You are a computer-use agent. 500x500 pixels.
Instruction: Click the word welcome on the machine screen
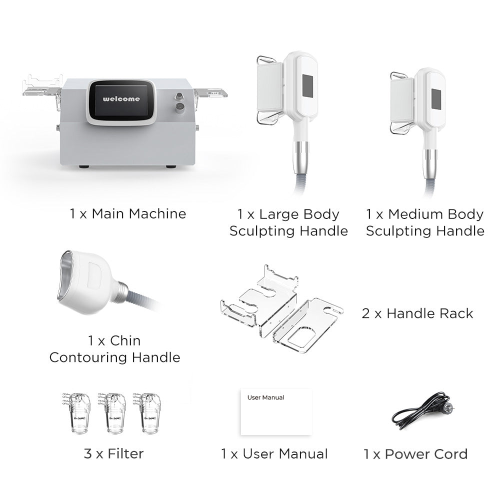[x=121, y=99]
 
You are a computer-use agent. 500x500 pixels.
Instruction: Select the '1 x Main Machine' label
[x=128, y=214]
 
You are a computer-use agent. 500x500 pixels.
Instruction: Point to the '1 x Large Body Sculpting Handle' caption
[x=288, y=222]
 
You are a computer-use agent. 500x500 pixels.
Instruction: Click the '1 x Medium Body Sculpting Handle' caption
[x=425, y=222]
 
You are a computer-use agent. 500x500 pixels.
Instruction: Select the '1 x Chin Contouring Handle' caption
[x=114, y=349]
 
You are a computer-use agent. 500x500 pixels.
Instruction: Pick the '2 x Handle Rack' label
[x=417, y=313]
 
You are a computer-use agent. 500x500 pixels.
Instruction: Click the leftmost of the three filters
[x=76, y=412]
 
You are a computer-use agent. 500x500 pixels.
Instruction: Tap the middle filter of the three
[x=111, y=412]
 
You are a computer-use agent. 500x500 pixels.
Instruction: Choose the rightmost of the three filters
[x=146, y=412]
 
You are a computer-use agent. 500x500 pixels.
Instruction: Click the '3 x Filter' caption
[x=113, y=453]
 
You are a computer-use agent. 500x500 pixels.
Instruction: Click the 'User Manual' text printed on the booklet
[x=265, y=397]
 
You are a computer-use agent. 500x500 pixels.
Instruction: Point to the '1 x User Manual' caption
[x=274, y=454]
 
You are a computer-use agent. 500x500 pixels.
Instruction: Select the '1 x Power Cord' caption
[x=415, y=454]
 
